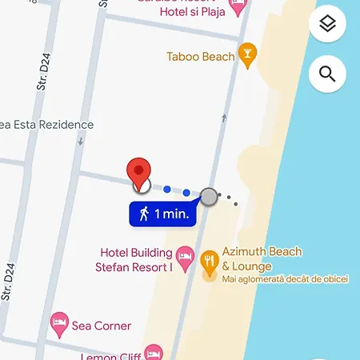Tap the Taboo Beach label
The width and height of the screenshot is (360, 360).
(x=201, y=57)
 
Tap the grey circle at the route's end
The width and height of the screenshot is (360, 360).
(x=209, y=196)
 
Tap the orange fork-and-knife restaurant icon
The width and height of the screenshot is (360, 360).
(x=210, y=259)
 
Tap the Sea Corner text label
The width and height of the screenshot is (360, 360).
(x=102, y=326)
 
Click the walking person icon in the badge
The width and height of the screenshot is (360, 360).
(x=144, y=214)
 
